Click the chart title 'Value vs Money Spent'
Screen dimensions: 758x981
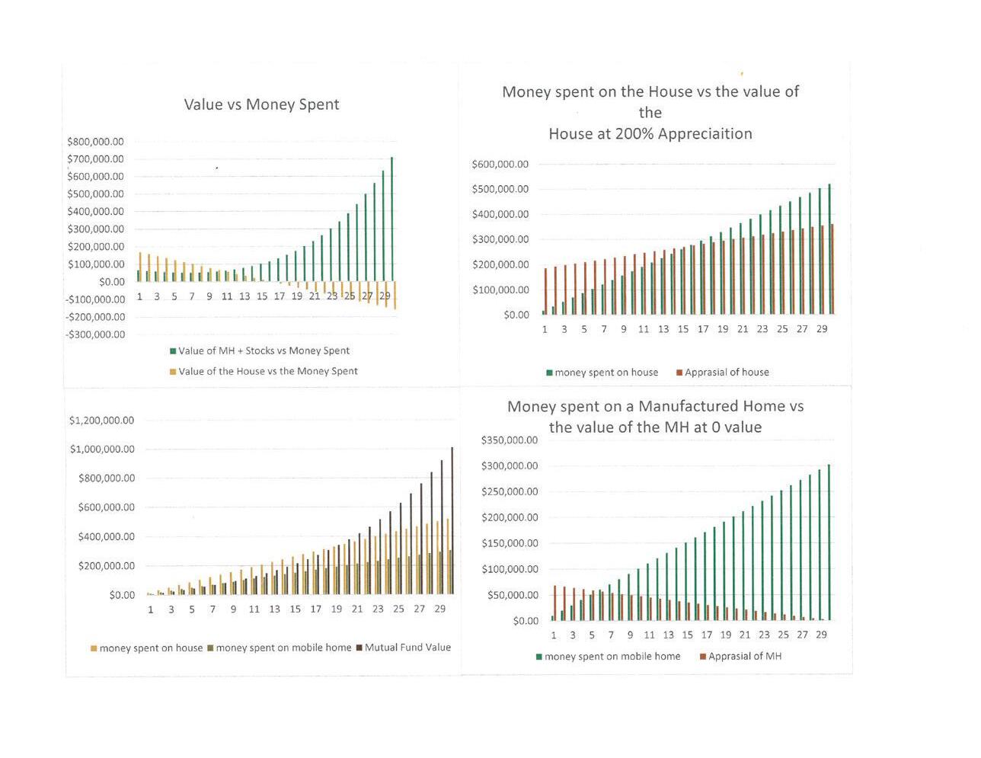coord(261,104)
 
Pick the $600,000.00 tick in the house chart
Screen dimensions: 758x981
coord(500,164)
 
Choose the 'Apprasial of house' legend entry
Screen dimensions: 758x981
coord(726,373)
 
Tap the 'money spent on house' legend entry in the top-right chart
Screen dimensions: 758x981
coord(606,373)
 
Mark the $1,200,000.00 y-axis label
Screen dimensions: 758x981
coord(101,421)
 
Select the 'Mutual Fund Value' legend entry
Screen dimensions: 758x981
coord(407,648)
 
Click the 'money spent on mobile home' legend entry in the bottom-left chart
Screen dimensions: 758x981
coord(283,648)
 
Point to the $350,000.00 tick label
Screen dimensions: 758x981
coord(510,440)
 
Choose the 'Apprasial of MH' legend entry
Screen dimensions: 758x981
coord(744,656)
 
